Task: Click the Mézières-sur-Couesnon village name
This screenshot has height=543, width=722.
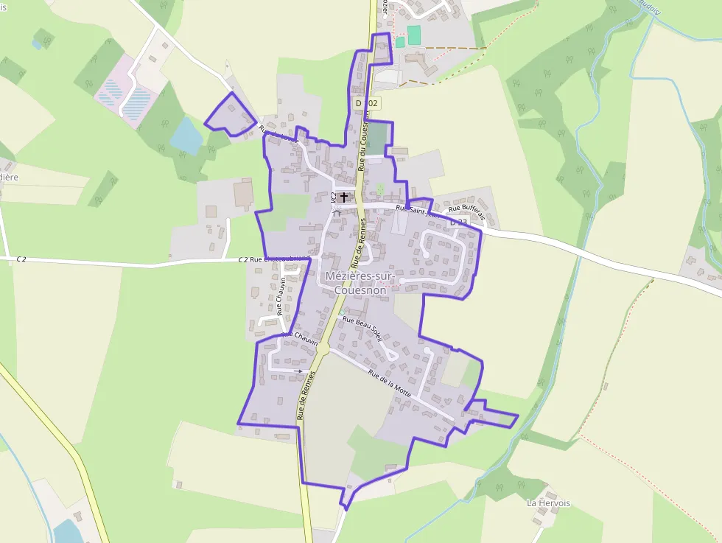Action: [x=360, y=284]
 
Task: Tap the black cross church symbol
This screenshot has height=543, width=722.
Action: [x=344, y=197]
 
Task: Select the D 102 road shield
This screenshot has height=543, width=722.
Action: [x=366, y=104]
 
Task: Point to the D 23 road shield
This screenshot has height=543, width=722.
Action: [x=458, y=222]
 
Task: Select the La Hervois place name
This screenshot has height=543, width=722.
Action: [x=548, y=503]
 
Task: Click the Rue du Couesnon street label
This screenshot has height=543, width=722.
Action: [x=365, y=147]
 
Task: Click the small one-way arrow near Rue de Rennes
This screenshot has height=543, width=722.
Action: [x=297, y=371]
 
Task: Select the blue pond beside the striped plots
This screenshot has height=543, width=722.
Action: [x=185, y=135]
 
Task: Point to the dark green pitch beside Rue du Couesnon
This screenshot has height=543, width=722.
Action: [x=376, y=138]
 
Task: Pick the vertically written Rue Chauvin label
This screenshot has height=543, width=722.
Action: [x=281, y=296]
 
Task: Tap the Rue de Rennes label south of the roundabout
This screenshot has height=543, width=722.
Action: [x=306, y=396]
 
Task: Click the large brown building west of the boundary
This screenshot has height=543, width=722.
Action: [x=242, y=193]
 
